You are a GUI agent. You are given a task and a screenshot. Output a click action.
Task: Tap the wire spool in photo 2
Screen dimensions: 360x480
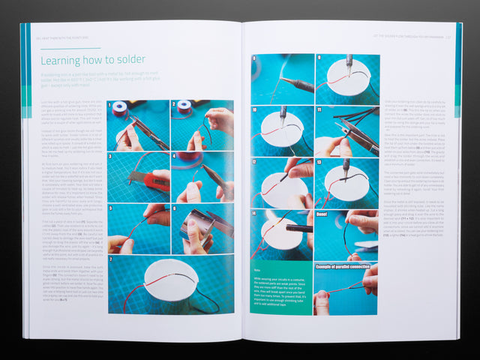click(184, 109)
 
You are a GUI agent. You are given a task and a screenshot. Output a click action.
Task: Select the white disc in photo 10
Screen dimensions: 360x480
click(283, 130)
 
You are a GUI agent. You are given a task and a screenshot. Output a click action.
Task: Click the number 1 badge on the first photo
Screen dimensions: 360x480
click(110, 105)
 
